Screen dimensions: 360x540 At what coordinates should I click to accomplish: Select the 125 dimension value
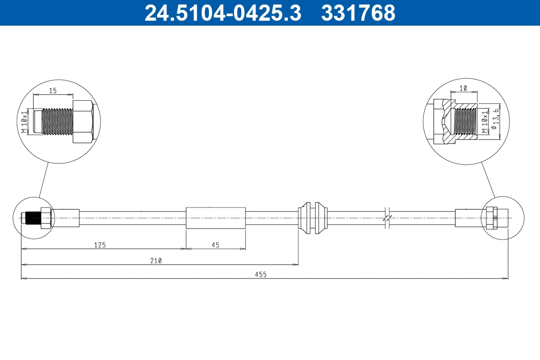[99, 245]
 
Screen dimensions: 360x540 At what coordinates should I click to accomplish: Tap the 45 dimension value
[216, 245]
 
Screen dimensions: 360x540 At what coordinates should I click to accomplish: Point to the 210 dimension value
[156, 261]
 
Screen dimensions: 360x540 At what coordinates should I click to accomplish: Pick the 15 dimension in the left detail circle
[53, 90]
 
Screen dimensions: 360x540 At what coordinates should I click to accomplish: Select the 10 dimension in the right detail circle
[463, 89]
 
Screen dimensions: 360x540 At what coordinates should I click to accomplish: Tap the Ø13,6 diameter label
[495, 120]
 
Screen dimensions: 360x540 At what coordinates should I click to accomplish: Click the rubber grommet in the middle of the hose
[312, 218]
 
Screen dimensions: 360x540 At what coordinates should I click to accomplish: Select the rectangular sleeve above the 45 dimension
[216, 218]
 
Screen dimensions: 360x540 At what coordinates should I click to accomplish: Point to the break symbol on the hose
[387, 218]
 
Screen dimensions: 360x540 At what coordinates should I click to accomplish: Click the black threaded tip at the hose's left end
[32, 218]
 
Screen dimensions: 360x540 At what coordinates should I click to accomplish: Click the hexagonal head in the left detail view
[82, 122]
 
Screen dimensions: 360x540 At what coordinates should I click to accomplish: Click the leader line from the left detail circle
[44, 180]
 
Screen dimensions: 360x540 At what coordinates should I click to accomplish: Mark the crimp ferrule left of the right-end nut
[468, 218]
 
